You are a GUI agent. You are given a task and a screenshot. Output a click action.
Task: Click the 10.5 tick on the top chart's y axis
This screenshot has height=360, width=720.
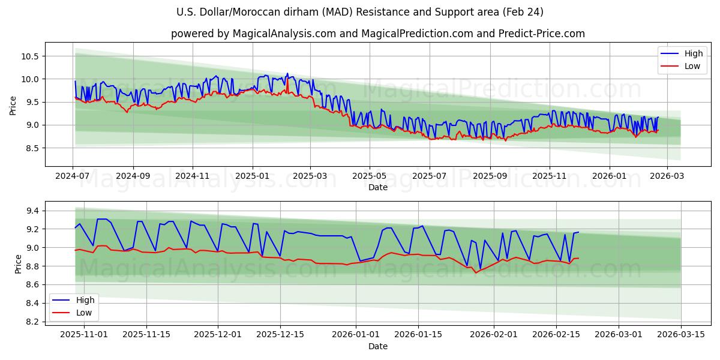(x=30, y=56)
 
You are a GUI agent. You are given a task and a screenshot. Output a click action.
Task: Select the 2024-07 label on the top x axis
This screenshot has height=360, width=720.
(x=73, y=176)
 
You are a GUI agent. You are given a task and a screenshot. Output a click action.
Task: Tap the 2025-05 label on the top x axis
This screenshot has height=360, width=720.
(x=370, y=176)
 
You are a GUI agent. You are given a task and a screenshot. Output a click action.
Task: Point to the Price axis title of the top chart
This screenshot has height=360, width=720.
(x=13, y=106)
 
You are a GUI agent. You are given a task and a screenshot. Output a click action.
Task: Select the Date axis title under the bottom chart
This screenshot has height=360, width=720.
(x=378, y=346)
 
